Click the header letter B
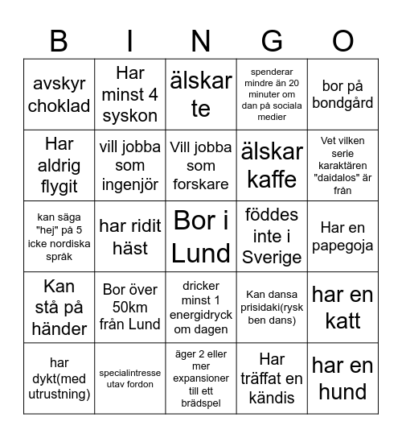click(59, 40)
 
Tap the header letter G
click(273, 40)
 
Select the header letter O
click(343, 40)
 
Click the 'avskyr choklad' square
click(59, 94)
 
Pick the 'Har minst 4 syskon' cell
click(130, 94)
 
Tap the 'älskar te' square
click(201, 94)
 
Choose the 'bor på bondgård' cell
click(343, 94)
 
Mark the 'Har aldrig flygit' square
click(59, 165)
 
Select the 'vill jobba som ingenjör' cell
click(130, 165)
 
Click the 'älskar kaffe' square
click(273, 165)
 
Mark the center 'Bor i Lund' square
click(201, 236)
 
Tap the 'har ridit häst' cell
click(130, 236)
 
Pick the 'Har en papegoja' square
click(343, 236)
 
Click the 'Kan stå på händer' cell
click(59, 307)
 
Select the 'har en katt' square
click(343, 307)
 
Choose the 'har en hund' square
click(343, 378)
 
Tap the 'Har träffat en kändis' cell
click(273, 378)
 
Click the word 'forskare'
click(201, 184)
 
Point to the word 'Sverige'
click(273, 258)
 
